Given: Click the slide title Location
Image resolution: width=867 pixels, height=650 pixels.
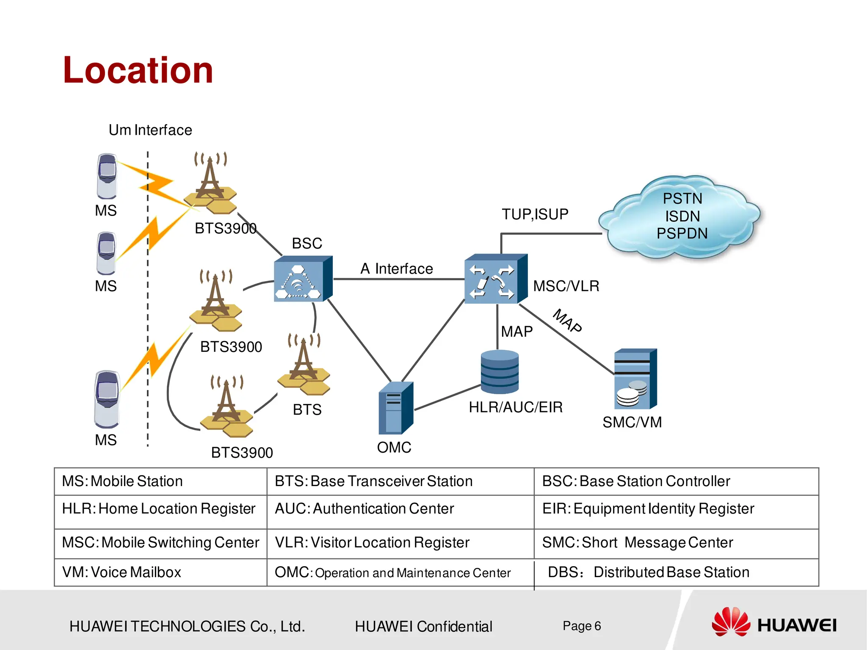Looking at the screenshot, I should pyautogui.click(x=138, y=70).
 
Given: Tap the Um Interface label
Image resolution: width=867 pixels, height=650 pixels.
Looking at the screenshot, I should pyautogui.click(x=150, y=130).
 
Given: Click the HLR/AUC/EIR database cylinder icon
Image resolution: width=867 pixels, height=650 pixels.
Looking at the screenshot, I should pyautogui.click(x=500, y=372).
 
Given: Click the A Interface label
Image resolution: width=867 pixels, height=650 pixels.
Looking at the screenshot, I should pyautogui.click(x=397, y=269).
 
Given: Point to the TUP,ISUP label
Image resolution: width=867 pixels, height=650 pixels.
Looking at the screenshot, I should pyautogui.click(x=535, y=214).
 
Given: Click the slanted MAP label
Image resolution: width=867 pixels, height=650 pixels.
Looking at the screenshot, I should pyautogui.click(x=568, y=321).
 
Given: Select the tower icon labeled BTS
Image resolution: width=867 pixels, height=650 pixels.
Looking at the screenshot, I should pyautogui.click(x=304, y=365).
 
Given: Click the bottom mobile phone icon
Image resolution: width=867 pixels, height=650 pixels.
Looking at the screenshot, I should pyautogui.click(x=107, y=399).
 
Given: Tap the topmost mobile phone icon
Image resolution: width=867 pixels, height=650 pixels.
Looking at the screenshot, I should pyautogui.click(x=107, y=176).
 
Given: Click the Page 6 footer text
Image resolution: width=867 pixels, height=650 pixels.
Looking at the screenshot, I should pyautogui.click(x=582, y=626).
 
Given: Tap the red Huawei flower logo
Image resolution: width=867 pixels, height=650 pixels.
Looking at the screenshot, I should pyautogui.click(x=731, y=622).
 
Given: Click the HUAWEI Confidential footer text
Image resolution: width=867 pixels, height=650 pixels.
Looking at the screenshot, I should pyautogui.click(x=423, y=626).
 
